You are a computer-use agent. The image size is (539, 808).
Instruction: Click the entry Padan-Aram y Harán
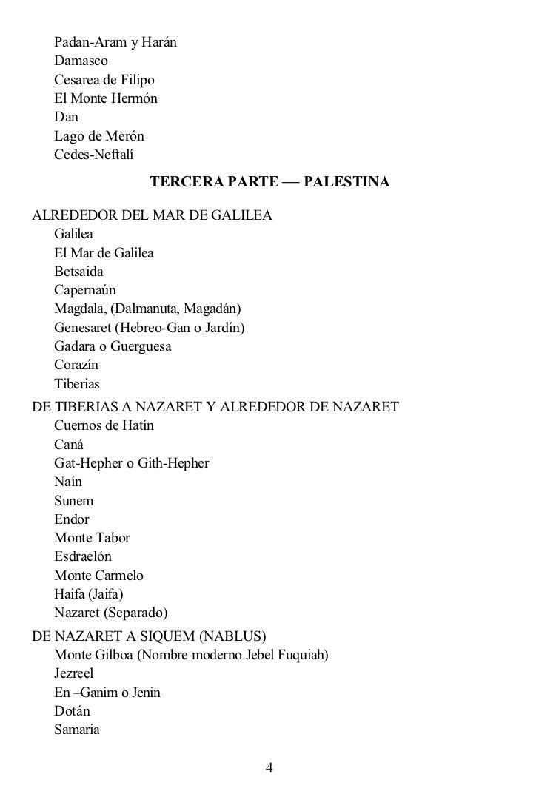[115, 41]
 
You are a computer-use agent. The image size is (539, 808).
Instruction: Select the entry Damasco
[81, 61]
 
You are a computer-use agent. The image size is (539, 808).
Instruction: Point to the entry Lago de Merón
[98, 136]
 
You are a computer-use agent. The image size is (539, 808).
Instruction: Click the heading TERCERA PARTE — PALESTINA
[269, 181]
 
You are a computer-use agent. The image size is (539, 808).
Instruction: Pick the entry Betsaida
[78, 272]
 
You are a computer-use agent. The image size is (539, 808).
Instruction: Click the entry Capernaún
[85, 291]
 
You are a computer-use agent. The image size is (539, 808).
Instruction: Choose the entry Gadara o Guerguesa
[113, 347]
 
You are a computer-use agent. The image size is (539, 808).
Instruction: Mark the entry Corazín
[76, 366]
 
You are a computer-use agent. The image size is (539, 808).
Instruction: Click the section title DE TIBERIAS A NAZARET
[215, 406]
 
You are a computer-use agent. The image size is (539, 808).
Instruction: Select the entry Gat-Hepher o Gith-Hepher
[132, 463]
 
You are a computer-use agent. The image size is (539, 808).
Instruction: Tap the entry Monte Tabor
[92, 538]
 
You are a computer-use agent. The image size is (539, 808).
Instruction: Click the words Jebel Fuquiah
[287, 655]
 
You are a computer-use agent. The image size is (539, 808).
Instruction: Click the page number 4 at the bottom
[269, 767]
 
